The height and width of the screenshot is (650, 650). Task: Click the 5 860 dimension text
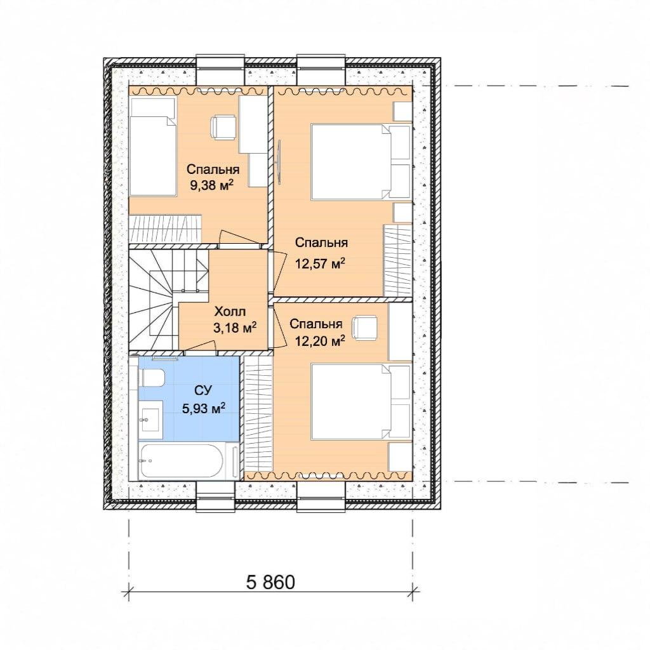click(x=270, y=582)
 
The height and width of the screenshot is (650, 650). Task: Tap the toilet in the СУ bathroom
click(x=153, y=378)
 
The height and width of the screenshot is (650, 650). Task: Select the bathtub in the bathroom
click(x=182, y=461)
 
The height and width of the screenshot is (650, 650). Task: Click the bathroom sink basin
click(x=149, y=420)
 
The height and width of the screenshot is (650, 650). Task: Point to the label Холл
click(x=230, y=311)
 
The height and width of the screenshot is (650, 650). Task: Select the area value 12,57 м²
click(x=320, y=263)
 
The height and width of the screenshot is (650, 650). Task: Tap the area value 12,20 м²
click(x=320, y=341)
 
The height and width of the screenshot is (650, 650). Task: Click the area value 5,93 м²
click(x=204, y=409)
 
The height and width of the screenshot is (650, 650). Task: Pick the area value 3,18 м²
click(x=235, y=328)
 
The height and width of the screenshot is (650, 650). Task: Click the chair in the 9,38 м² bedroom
click(x=223, y=127)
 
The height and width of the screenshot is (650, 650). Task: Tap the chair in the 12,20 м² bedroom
click(x=365, y=328)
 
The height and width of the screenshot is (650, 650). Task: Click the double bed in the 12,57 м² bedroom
click(x=361, y=161)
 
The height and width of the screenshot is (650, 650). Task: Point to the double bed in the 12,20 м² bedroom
click(x=361, y=401)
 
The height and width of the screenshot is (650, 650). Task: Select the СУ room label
click(x=203, y=390)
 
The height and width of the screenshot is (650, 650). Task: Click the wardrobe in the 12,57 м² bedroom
click(x=397, y=261)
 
